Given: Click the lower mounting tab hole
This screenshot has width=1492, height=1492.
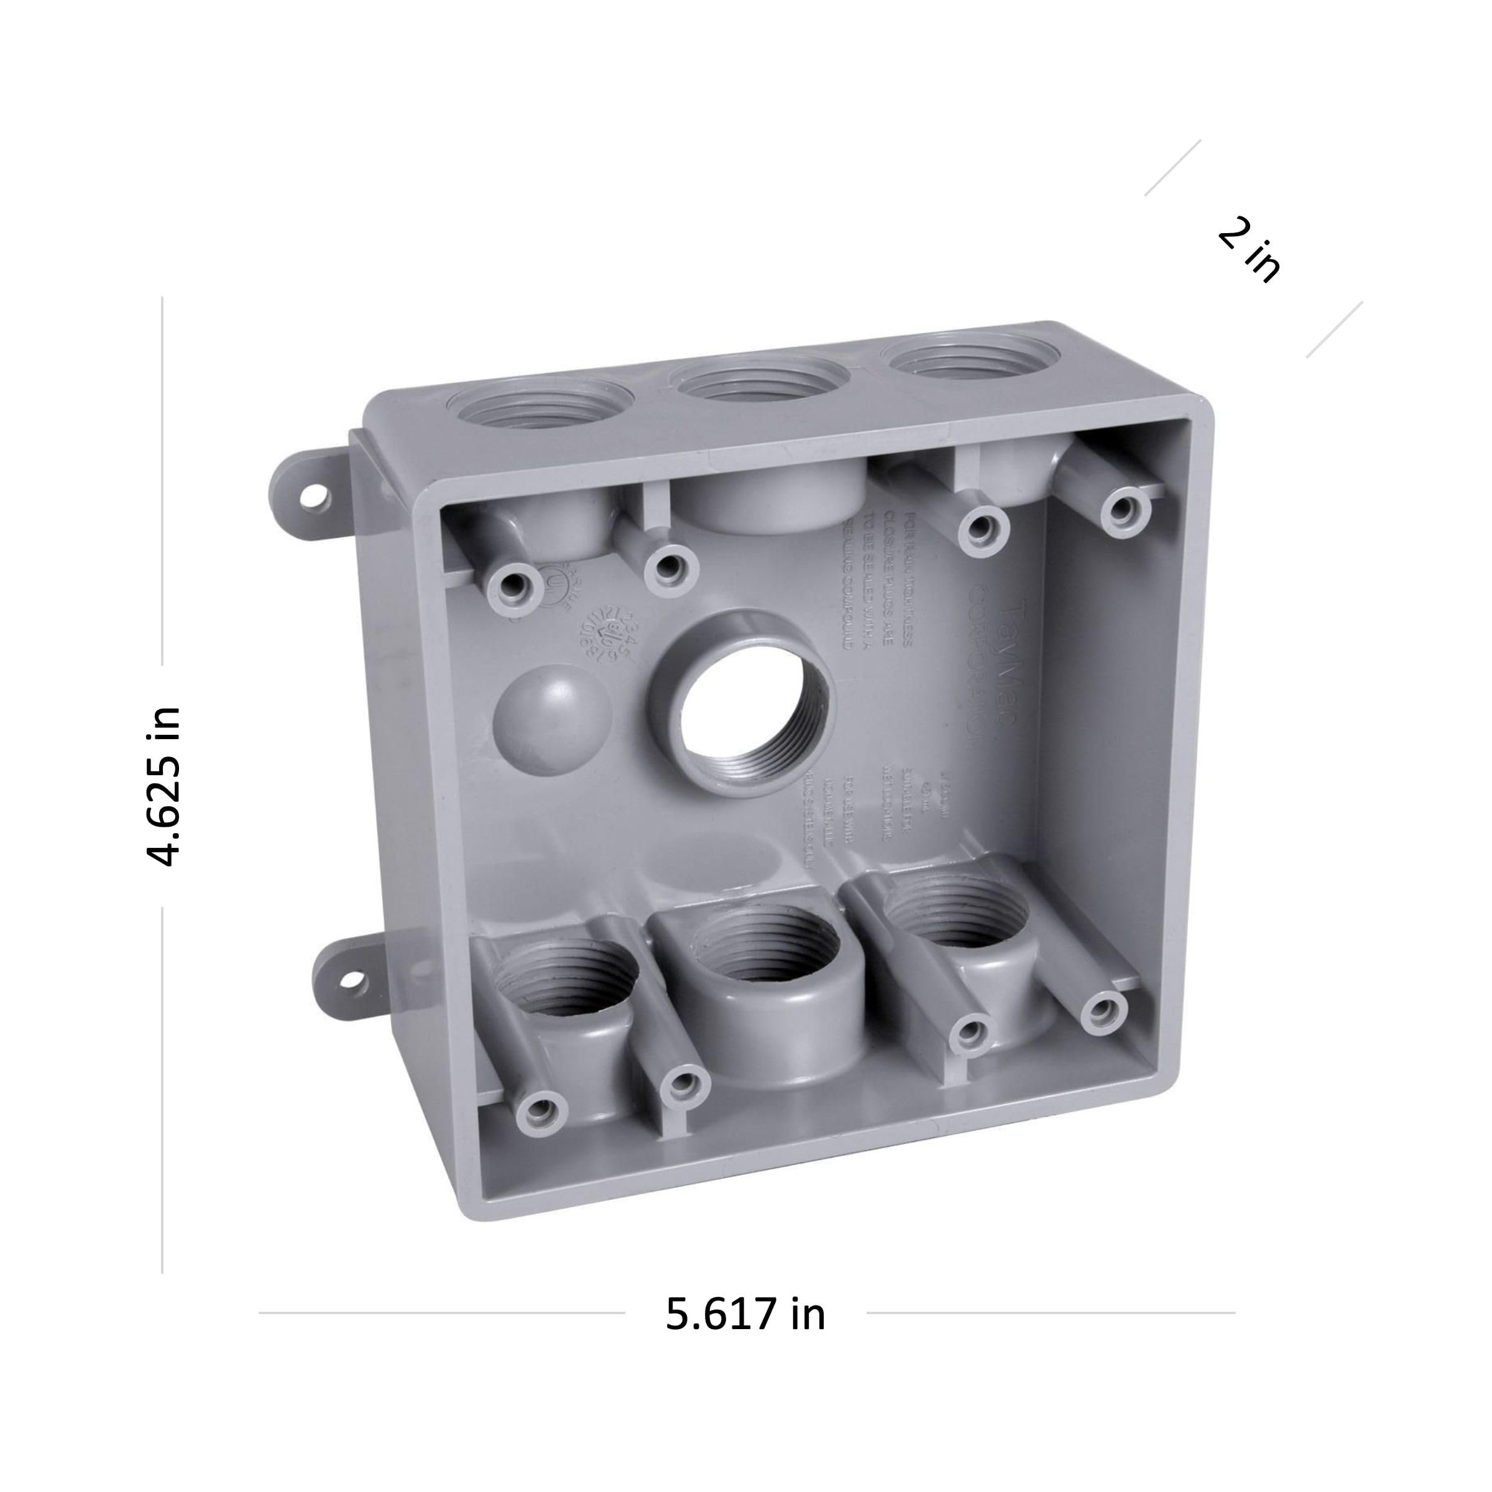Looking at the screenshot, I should tap(353, 983).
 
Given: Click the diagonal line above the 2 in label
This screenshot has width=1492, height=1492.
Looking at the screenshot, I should tap(1172, 168).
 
